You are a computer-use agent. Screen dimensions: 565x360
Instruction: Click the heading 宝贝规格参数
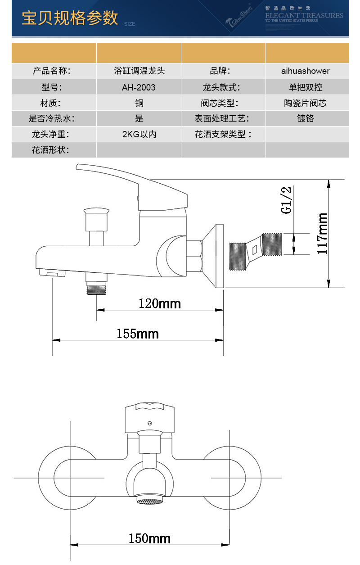(x=70, y=18)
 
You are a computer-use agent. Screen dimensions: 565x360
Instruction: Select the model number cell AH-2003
(x=139, y=87)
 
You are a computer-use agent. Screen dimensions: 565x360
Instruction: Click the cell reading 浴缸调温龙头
(x=139, y=71)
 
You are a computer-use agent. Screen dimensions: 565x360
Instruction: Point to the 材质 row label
(x=50, y=103)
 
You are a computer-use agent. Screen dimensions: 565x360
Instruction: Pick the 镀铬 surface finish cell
(x=306, y=119)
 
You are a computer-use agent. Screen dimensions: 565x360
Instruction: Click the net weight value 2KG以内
(x=139, y=134)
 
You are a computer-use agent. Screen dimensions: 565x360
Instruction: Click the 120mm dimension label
(x=159, y=303)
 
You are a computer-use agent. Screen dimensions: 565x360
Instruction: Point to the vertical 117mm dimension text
(x=322, y=234)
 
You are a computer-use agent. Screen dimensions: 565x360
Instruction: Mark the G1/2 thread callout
(x=287, y=199)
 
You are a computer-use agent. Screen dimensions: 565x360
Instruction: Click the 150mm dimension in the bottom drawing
(x=149, y=538)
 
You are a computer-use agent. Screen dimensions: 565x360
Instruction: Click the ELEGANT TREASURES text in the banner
(x=304, y=16)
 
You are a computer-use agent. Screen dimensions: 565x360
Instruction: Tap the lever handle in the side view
(x=135, y=185)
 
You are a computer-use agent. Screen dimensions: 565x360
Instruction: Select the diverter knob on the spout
(x=96, y=212)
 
